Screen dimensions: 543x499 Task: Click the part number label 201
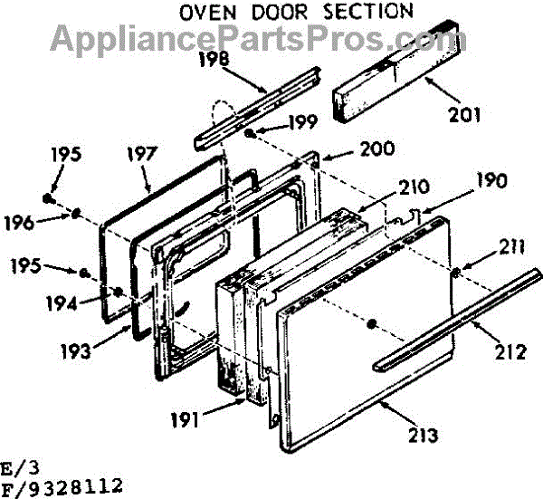465,115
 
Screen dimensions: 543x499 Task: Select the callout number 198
214,59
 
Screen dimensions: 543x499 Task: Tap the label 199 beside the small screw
303,121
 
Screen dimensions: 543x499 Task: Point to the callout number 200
377,149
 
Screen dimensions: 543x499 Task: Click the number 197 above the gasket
142,154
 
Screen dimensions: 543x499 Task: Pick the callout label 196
19,223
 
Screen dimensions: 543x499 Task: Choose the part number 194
62,303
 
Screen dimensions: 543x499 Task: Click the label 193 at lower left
75,351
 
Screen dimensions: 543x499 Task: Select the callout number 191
185,420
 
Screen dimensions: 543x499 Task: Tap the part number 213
424,436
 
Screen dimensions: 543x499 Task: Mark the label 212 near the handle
510,352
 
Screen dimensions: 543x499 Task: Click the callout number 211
512,248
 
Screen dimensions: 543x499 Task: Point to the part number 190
491,180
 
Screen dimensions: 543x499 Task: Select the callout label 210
414,187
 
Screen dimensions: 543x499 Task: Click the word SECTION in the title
368,12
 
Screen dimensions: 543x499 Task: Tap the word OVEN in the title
208,13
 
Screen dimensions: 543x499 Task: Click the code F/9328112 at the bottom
62,487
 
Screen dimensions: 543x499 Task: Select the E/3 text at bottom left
20,469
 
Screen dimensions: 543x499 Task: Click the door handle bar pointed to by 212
456,320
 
